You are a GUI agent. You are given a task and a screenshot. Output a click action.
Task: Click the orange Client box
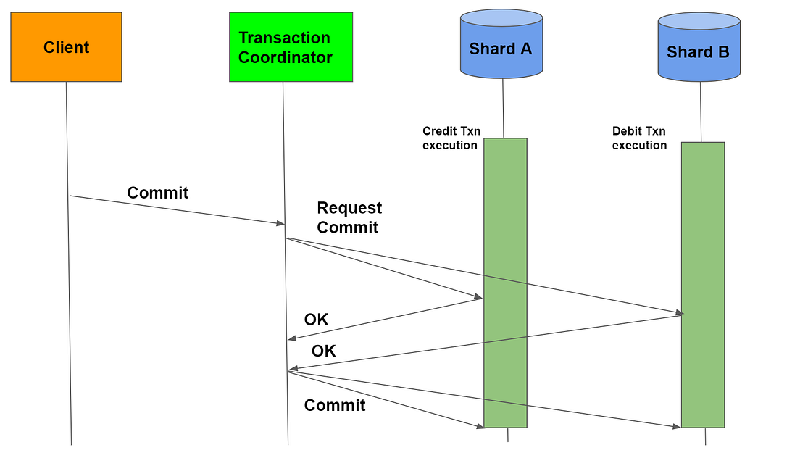click(x=66, y=47)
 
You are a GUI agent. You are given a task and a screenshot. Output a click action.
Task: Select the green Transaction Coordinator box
click(x=291, y=47)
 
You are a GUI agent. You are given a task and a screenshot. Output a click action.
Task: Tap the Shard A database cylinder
click(x=501, y=45)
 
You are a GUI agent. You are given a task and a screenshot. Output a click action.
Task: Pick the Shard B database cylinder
click(x=699, y=48)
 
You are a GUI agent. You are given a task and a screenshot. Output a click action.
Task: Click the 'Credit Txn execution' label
click(x=450, y=138)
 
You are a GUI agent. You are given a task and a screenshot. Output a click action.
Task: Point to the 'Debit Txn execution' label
click(x=639, y=138)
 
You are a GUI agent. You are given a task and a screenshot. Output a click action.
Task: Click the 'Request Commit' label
click(x=349, y=217)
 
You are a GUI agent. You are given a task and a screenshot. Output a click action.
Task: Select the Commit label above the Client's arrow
click(x=157, y=193)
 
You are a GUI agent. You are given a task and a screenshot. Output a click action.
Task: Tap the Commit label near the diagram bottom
click(x=334, y=405)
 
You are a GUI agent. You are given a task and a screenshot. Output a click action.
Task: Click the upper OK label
click(x=316, y=320)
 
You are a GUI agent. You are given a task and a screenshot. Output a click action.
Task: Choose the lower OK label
click(x=323, y=351)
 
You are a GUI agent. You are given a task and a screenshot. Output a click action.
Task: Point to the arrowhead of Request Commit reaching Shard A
click(x=478, y=297)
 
